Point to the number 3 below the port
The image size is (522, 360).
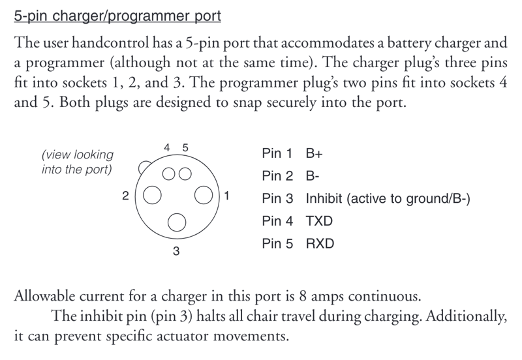176,251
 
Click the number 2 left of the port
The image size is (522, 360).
125,196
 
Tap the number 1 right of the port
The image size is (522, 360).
226,196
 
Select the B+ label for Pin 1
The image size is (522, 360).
315,153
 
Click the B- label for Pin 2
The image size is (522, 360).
313,176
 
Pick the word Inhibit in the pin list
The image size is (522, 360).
324,199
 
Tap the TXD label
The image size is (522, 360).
319,221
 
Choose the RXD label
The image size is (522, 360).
320,243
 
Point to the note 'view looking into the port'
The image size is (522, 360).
77,162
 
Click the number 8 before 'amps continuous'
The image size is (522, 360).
303,296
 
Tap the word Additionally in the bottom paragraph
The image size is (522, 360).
467,316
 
